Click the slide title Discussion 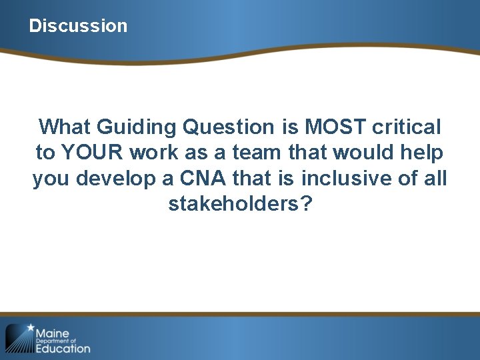(x=78, y=26)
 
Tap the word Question (x=219, y=127)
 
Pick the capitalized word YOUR (x=92, y=153)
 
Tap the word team (x=255, y=153)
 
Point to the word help (x=421, y=153)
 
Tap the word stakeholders (x=234, y=204)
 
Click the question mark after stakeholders (x=306, y=204)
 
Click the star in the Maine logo (x=29, y=328)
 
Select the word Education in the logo (x=63, y=348)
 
